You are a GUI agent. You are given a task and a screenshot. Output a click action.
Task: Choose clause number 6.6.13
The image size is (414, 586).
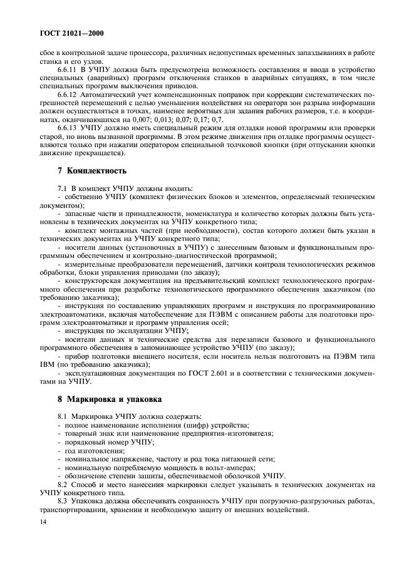68,127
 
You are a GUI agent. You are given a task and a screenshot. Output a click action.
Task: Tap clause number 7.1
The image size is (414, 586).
63,188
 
